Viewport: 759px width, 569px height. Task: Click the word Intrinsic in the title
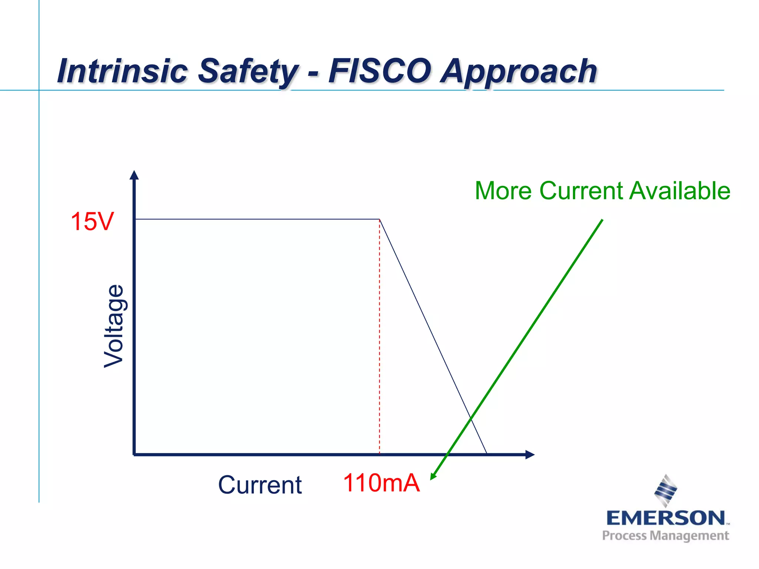tap(122, 71)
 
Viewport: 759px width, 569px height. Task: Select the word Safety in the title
tap(248, 71)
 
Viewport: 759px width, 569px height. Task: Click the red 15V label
tap(92, 222)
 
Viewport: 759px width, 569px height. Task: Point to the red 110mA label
tap(381, 483)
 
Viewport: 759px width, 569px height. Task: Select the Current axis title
tap(260, 485)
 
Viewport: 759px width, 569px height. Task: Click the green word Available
tap(680, 191)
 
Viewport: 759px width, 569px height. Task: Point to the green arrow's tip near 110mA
tap(432, 478)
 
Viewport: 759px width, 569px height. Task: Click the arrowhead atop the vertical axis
tap(134, 175)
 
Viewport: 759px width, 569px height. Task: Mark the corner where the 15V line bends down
tap(379, 219)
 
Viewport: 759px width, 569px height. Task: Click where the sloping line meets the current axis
tap(487, 454)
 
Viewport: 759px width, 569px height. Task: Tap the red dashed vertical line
tap(379, 333)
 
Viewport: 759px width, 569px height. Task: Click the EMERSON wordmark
tap(666, 518)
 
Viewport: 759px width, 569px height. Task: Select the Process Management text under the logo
tap(666, 536)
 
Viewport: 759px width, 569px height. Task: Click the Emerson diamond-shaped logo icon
tap(666, 491)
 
